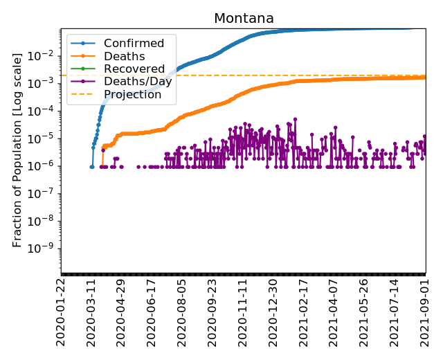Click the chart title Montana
[244, 19]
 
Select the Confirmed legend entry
[134, 44]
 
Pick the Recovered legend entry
[134, 69]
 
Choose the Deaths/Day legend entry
[138, 82]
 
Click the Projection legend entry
[132, 95]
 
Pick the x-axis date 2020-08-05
[182, 312]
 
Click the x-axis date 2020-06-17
[152, 312]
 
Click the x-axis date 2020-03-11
[91, 312]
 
